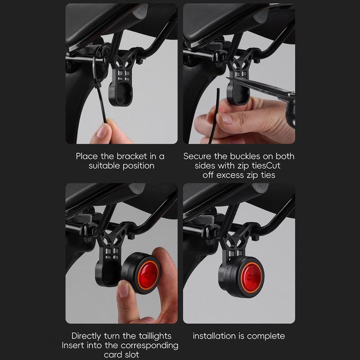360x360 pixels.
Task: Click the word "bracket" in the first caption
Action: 132,156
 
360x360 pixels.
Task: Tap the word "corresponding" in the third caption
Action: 149,346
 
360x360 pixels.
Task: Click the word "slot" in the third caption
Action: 131,355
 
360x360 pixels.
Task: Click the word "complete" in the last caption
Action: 266,336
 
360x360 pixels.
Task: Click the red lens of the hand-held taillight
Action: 148,273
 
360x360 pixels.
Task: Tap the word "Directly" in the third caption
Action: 86,336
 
